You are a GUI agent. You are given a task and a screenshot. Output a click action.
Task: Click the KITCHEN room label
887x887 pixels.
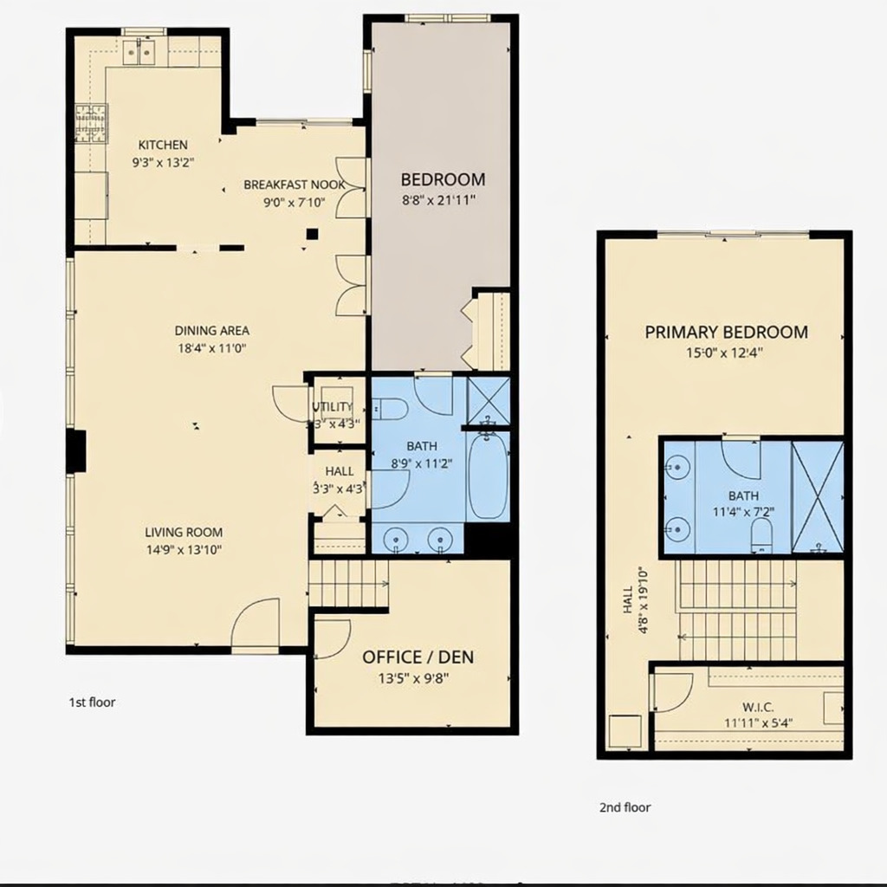coord(163,145)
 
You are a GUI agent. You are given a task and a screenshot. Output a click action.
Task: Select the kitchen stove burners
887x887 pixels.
coord(89,123)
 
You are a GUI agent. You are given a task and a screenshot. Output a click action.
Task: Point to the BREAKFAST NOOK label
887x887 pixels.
coord(294,185)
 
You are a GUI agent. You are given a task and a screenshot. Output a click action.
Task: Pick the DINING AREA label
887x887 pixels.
coord(212,330)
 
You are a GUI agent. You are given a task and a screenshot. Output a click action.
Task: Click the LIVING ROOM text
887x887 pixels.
coord(184,533)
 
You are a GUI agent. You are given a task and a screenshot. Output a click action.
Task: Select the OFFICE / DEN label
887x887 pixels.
coord(418,657)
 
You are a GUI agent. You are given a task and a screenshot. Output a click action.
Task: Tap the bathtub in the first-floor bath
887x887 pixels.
coord(487,476)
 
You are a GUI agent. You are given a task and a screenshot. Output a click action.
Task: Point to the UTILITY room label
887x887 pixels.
coord(332,407)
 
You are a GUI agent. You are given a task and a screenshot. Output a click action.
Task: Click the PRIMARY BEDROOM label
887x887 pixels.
coord(726,332)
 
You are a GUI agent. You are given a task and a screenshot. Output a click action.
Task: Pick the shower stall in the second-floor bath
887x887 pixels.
coord(817,496)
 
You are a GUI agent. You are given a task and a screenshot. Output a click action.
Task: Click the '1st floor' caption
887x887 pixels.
coord(92,702)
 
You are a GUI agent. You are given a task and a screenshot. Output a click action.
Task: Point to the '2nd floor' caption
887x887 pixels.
coord(625,807)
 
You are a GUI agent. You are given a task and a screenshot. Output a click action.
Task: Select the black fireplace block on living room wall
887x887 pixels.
coord(77,451)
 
